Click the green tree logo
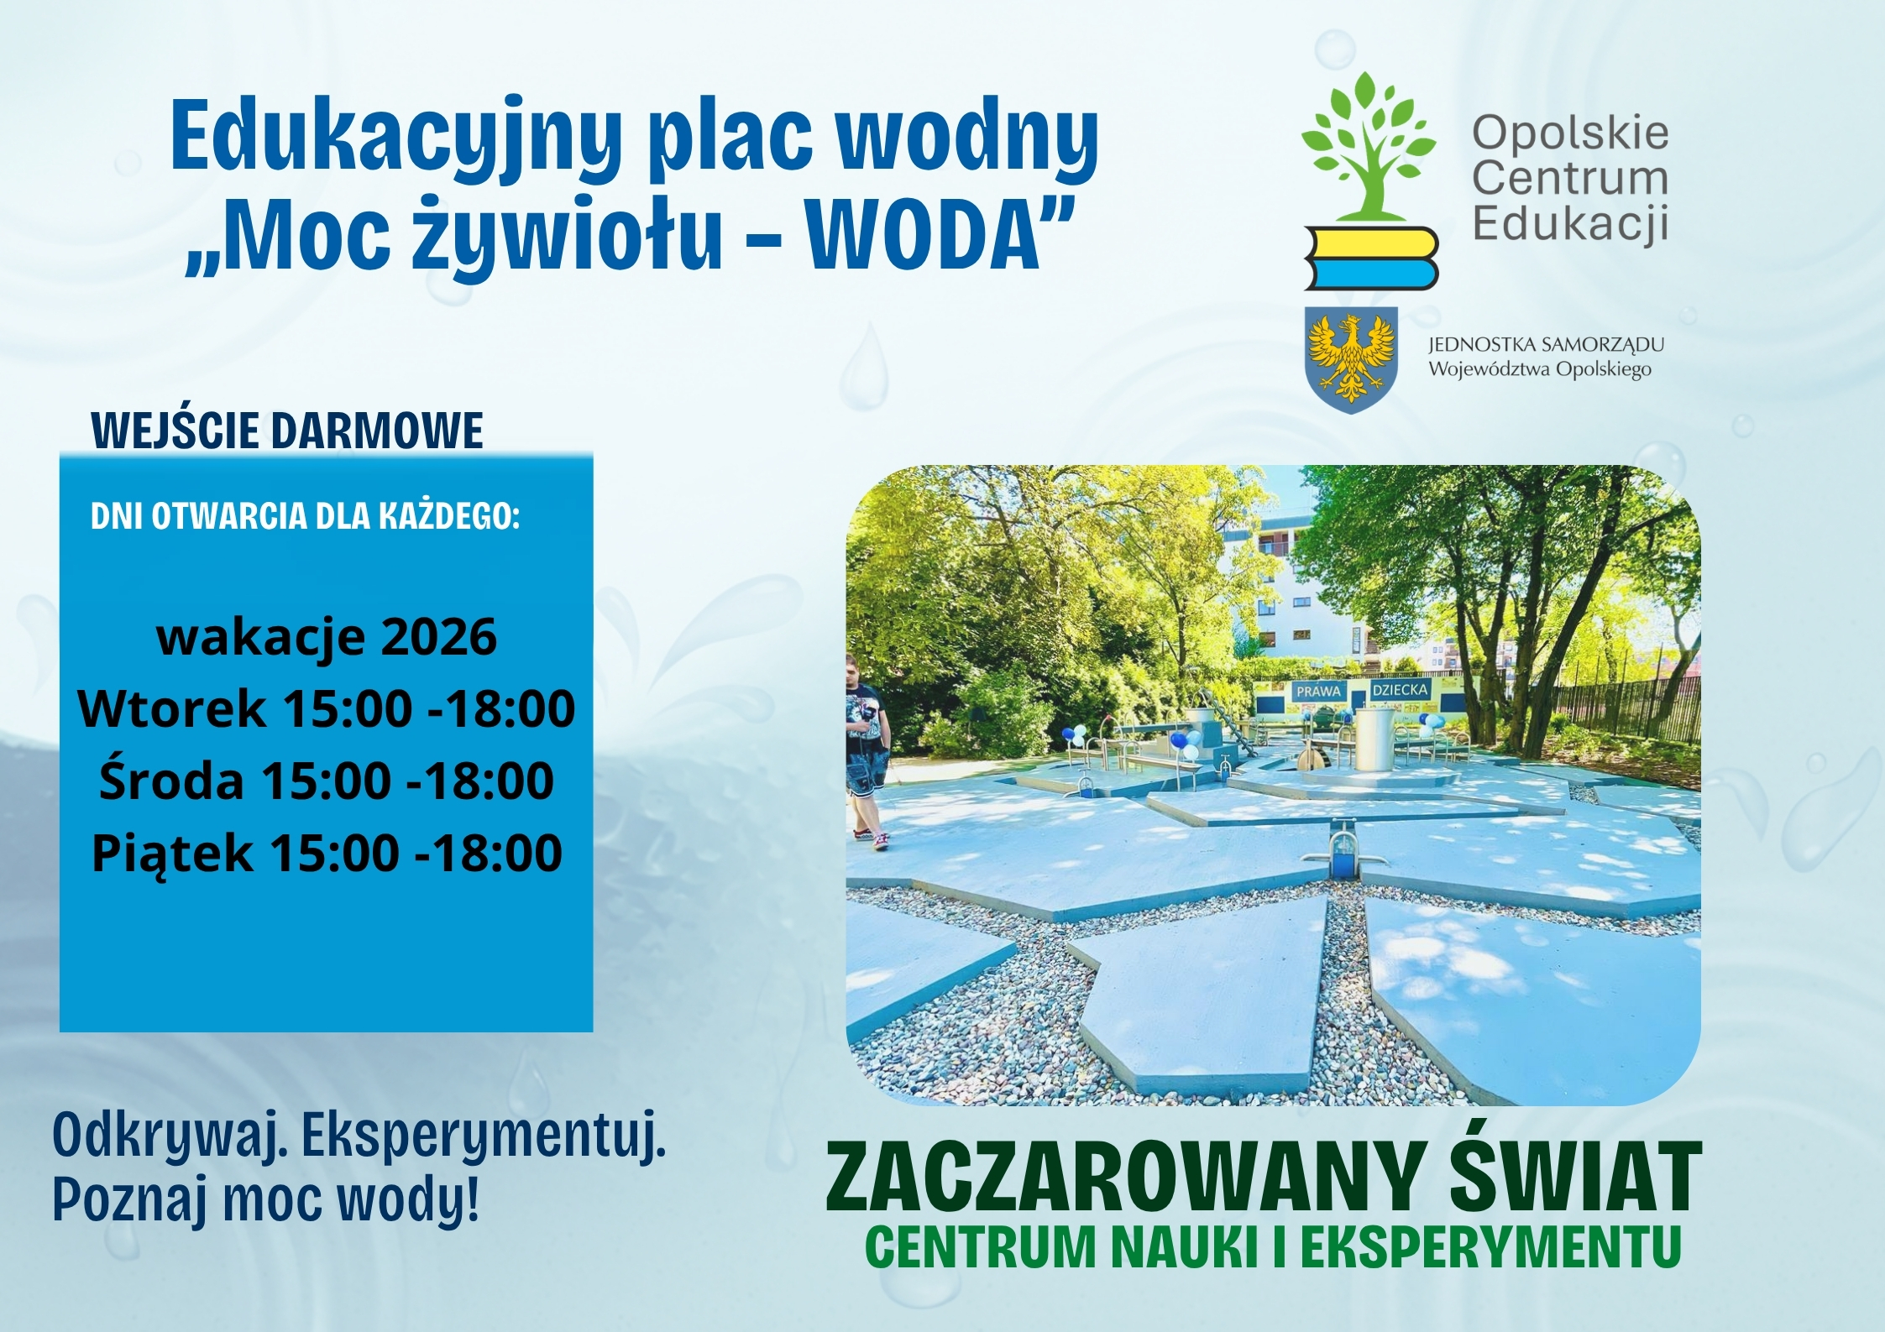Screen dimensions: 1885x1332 coord(1368,147)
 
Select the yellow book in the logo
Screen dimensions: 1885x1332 coord(1371,241)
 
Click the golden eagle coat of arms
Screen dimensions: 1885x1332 coord(1350,359)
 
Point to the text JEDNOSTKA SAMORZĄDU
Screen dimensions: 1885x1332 coord(1546,345)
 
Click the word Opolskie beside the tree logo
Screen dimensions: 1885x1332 coord(1570,133)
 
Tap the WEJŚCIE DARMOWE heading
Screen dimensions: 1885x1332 coord(287,430)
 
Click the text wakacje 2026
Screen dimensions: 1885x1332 coord(327,637)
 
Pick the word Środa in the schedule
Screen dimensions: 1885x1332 coord(171,780)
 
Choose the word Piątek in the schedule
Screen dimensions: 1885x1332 coord(172,854)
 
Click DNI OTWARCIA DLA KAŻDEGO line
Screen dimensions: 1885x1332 coord(306,517)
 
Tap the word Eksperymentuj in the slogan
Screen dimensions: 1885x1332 coord(483,1138)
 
